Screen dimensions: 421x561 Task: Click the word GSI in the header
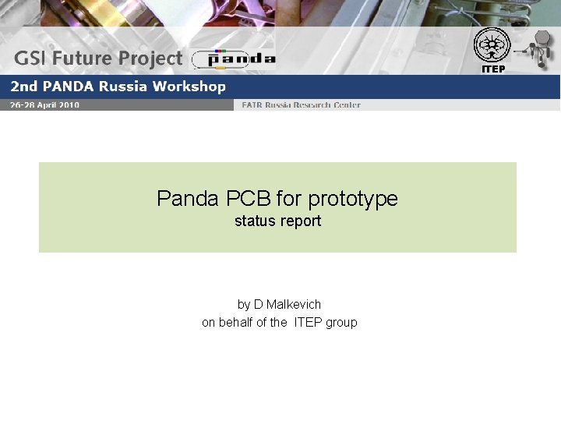pos(32,58)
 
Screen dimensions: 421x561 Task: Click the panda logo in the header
pos(234,58)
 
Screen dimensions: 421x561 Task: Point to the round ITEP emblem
pos(492,44)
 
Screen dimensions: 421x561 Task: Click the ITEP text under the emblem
pos(493,69)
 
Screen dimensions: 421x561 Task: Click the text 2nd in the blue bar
pos(20,87)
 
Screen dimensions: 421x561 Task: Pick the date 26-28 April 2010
pos(44,105)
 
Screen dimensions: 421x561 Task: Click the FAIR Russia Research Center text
pos(301,105)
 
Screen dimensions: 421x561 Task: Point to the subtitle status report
pos(277,221)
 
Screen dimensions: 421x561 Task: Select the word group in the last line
pos(341,323)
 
